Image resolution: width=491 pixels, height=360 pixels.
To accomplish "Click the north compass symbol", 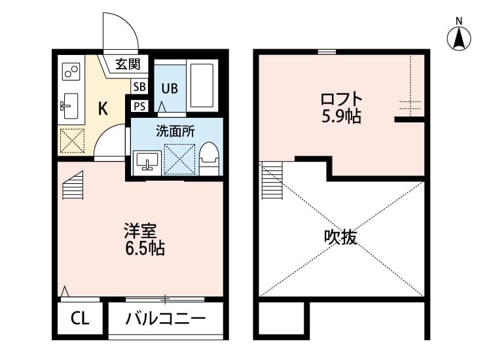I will click(460, 37).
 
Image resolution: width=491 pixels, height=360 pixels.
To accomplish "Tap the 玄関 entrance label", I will click(128, 64).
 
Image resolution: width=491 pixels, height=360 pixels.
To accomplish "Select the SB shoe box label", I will click(139, 86).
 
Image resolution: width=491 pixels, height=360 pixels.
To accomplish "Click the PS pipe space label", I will click(139, 106).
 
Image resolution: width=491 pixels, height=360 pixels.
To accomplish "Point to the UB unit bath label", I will click(170, 88).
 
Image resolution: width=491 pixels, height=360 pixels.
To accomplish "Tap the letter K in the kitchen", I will click(103, 109).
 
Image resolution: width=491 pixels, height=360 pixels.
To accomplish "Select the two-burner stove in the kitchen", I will click(70, 70).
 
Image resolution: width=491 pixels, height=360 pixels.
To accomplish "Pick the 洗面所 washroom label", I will click(175, 130).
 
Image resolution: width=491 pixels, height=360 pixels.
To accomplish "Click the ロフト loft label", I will click(340, 100).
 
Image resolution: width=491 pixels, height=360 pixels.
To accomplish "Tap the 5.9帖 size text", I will click(340, 118).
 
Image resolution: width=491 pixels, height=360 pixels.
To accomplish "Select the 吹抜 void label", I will click(340, 237).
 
